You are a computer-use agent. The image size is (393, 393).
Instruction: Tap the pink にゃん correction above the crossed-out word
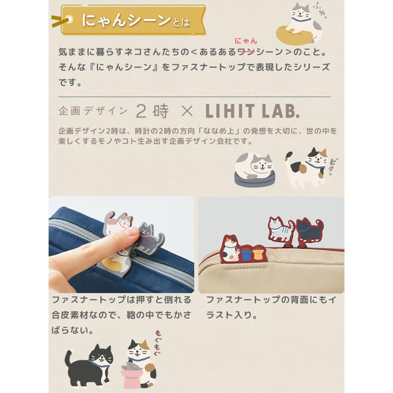(246, 41)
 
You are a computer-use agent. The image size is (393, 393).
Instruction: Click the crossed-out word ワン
(246, 52)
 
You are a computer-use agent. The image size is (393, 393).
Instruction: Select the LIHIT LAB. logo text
(252, 111)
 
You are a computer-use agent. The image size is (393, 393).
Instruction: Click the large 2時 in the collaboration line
(152, 111)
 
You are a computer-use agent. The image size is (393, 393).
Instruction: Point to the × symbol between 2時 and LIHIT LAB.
(187, 111)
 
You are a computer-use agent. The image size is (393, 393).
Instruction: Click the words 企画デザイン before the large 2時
(93, 111)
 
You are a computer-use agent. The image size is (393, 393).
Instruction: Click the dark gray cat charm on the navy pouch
(150, 235)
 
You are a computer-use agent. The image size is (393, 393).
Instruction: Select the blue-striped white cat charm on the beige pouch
(280, 229)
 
